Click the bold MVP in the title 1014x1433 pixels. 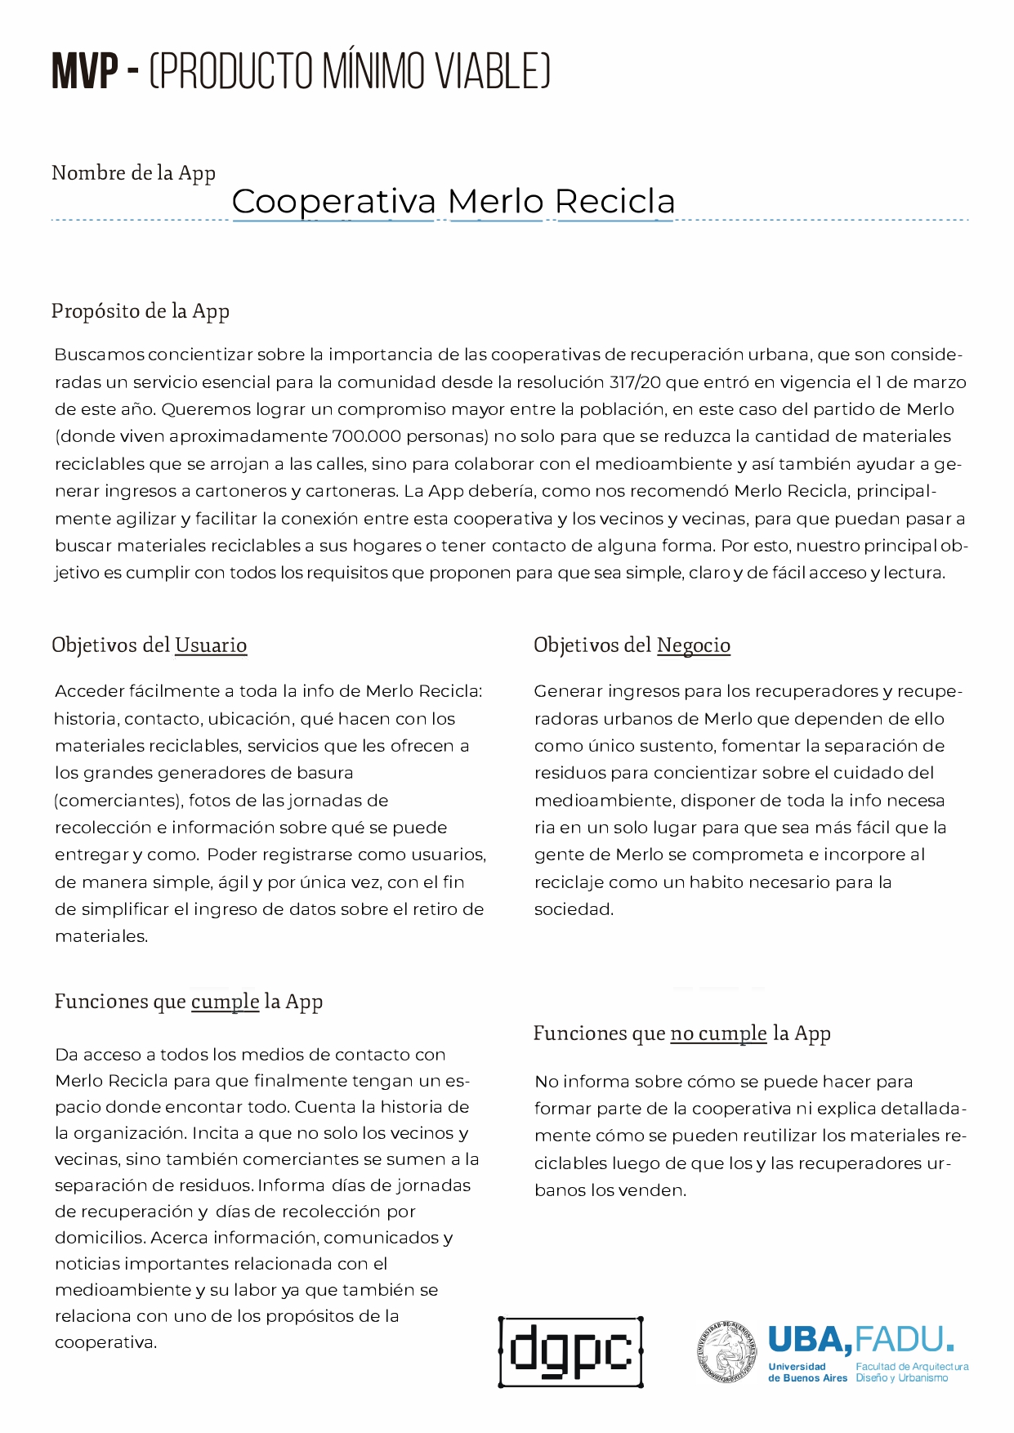(x=85, y=71)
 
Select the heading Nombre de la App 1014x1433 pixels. (x=133, y=173)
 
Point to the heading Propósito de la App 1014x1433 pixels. (x=140, y=311)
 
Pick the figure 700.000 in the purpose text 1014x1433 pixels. (x=367, y=436)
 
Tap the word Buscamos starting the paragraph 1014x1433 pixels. (x=100, y=355)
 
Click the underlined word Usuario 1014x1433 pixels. (x=211, y=645)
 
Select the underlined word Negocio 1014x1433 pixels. (x=694, y=645)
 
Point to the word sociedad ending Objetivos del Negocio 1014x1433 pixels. (x=573, y=909)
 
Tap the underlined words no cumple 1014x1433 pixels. (x=718, y=1033)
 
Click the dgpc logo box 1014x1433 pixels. (x=570, y=1351)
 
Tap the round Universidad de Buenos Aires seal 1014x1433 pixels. (x=727, y=1352)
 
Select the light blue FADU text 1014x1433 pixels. (x=903, y=1340)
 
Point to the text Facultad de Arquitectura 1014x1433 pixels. (x=912, y=1366)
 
